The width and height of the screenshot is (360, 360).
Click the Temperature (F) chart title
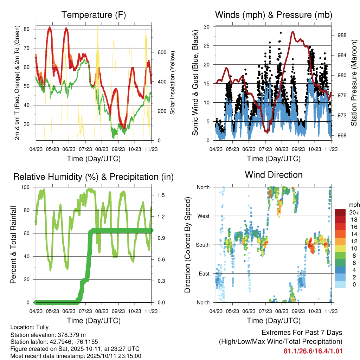pos(94,15)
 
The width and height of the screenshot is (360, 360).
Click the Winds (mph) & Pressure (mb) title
pos(274,15)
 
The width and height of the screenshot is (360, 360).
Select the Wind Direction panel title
pos(274,174)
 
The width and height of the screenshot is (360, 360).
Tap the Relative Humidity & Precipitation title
pos(94,177)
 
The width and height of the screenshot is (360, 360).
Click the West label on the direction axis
pos(203,216)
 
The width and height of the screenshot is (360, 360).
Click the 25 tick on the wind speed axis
pos(207,46)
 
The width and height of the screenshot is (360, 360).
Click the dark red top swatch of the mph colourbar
pos(340,212)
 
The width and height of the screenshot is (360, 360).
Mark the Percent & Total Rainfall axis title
pos(13,245)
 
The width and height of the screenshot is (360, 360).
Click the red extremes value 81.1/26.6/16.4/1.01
pos(313,351)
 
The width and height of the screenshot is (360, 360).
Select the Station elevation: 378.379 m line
pos(48,335)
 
